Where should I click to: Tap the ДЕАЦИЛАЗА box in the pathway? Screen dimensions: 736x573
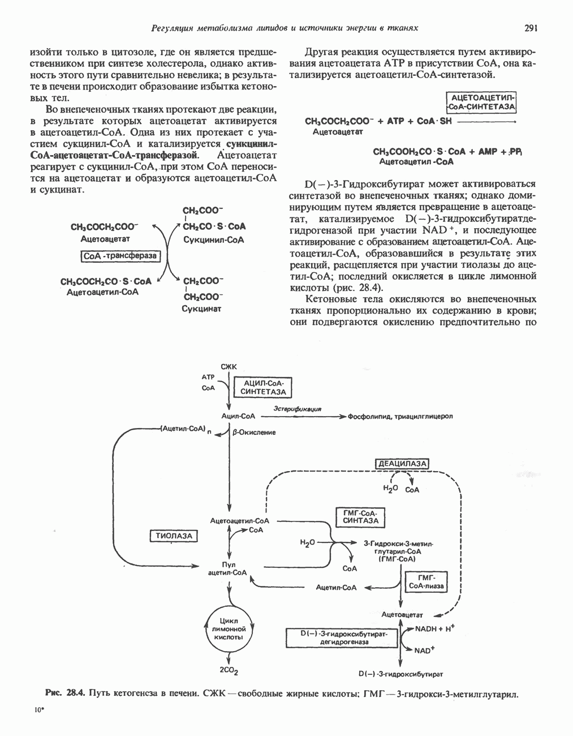(402, 464)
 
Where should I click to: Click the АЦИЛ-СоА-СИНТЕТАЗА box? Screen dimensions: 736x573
(264, 388)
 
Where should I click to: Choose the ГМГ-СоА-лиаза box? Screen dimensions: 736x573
(426, 581)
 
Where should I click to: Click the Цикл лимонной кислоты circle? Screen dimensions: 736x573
(229, 628)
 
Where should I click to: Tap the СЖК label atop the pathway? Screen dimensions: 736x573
(229, 366)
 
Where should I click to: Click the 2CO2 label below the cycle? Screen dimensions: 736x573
(229, 671)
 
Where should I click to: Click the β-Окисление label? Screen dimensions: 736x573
(253, 433)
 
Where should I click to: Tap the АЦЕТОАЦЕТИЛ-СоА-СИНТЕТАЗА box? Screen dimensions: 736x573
(481, 102)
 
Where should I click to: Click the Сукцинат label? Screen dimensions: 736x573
(201, 309)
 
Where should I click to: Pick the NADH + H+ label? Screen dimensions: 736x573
(435, 629)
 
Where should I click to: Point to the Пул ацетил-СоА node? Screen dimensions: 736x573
(229, 568)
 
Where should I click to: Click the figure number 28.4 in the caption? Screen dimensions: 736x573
(74, 692)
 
